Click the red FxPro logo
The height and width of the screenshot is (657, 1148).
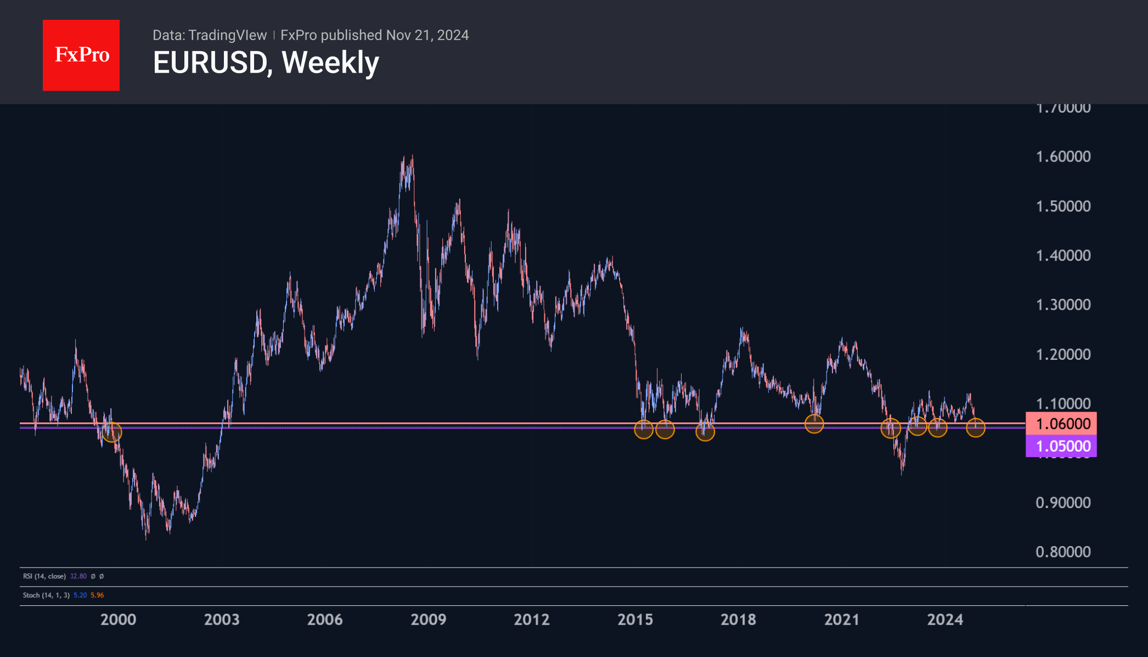[81, 55]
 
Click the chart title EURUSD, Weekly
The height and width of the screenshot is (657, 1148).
[266, 63]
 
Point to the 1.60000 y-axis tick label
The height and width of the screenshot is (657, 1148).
[1063, 157]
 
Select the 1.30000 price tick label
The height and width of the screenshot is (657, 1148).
[1063, 305]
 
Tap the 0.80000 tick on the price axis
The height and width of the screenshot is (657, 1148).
[1063, 552]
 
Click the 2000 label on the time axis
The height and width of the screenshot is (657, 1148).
[118, 620]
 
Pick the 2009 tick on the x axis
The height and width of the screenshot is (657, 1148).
[428, 620]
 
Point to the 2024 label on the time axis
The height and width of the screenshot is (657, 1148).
[945, 620]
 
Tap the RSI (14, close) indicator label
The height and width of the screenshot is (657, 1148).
[44, 576]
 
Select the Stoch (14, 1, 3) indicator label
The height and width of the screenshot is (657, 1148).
[46, 595]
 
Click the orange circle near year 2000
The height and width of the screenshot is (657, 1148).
[112, 432]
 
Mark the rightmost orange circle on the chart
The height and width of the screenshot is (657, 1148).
[975, 427]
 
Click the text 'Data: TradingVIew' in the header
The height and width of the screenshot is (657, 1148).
[210, 35]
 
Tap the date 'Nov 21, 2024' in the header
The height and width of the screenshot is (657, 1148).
[427, 35]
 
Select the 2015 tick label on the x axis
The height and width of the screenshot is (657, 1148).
[635, 620]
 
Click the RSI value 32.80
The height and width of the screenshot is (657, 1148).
[78, 576]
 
